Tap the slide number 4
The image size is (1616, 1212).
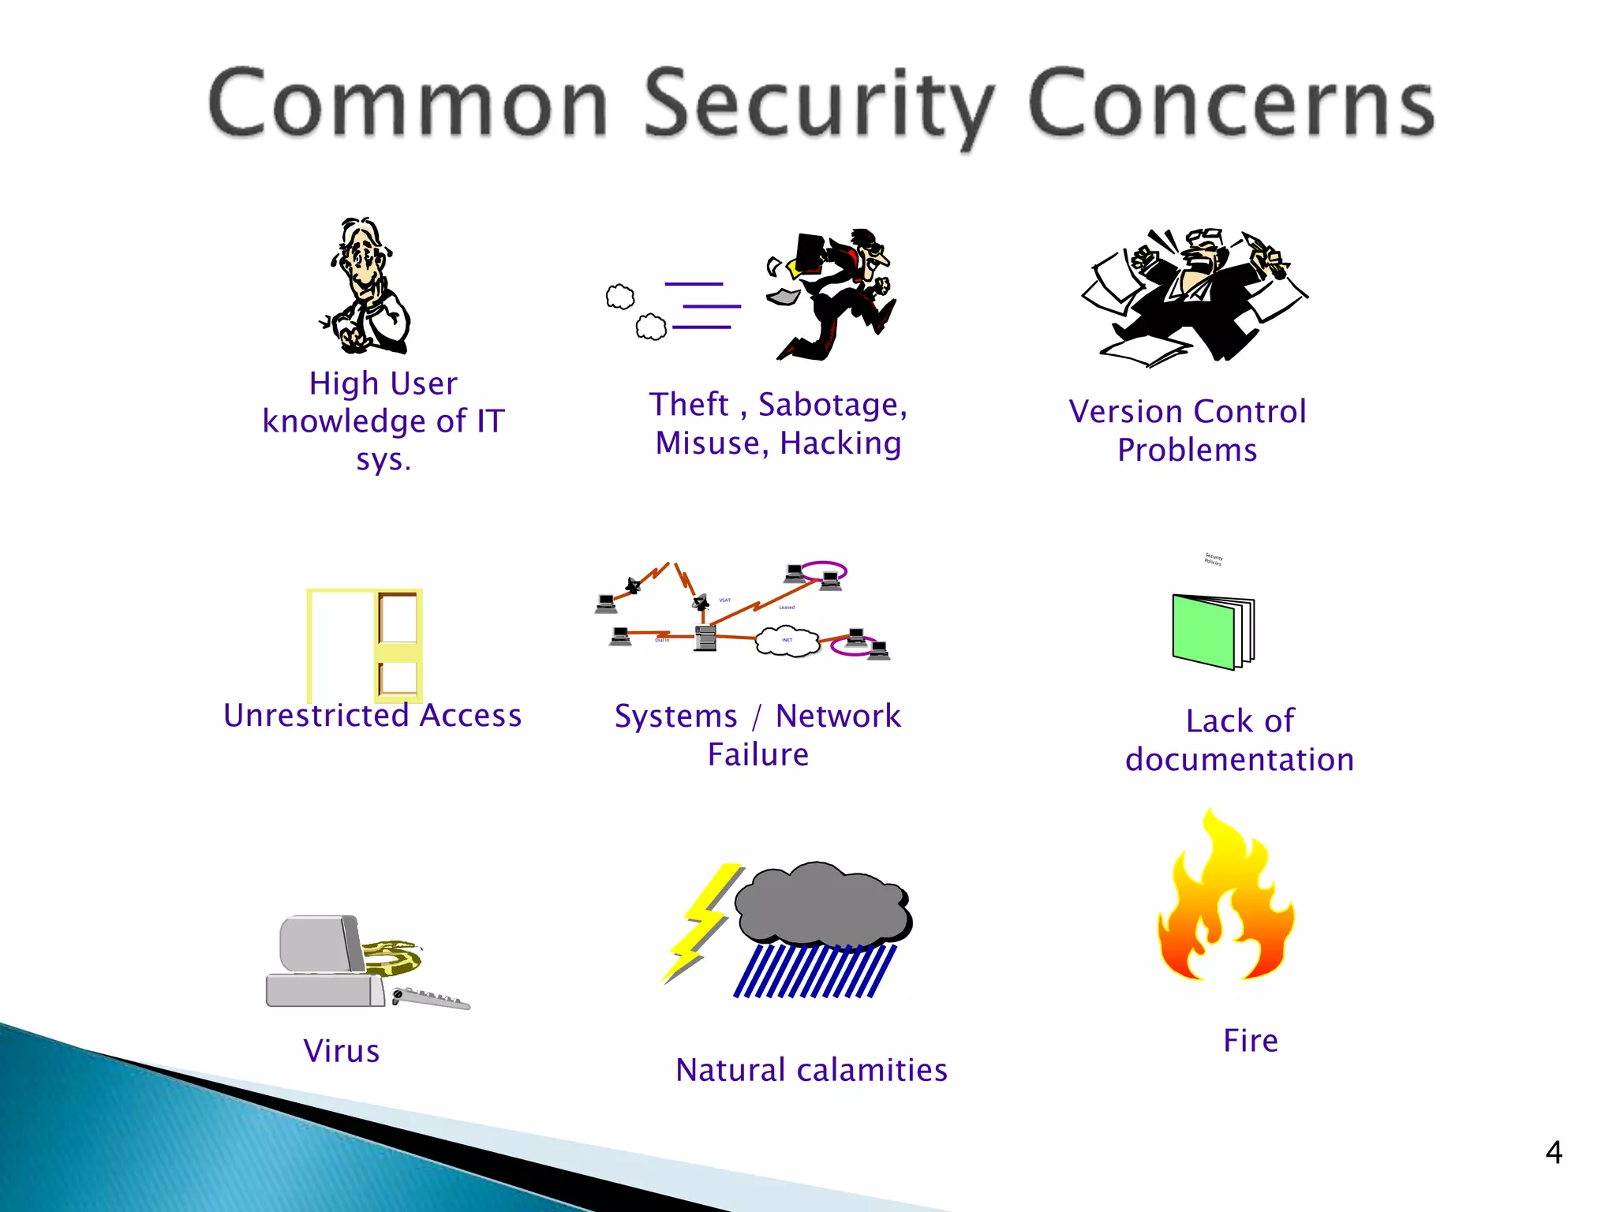tap(1553, 1153)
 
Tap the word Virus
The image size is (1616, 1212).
tap(342, 1051)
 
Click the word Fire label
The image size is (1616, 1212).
tap(1250, 1040)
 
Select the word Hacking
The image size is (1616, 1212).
tap(840, 443)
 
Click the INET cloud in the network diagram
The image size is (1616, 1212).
tap(787, 640)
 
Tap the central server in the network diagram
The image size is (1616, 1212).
tap(705, 637)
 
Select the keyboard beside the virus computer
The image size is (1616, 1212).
tap(430, 999)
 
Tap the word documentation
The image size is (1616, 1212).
tap(1239, 760)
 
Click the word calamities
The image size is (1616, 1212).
tap(872, 1070)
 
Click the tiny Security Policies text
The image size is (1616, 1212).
tap(1213, 559)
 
